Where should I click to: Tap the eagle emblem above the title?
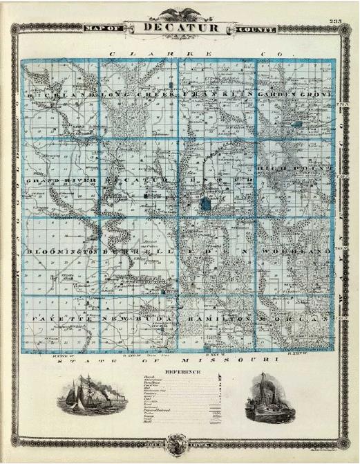click(180, 13)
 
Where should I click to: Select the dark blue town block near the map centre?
click(207, 204)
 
